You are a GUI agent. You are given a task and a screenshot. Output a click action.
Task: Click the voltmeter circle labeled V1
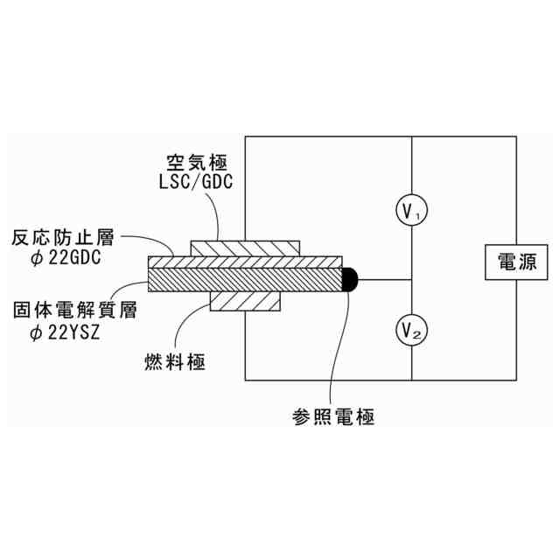410,210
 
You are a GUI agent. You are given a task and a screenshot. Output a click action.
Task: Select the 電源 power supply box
516,262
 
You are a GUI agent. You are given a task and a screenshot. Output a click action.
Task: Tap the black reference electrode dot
349,279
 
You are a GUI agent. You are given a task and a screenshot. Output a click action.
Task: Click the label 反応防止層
60,238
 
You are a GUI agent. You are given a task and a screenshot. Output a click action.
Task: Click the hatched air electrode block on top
246,248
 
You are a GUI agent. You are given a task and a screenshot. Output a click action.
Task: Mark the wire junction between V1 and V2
410,279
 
